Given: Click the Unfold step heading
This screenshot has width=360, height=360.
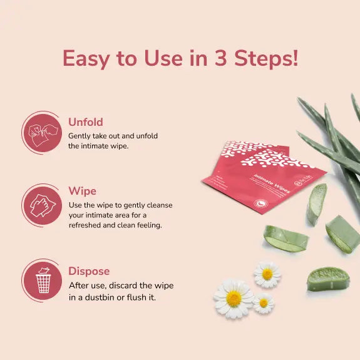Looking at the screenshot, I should (86, 122).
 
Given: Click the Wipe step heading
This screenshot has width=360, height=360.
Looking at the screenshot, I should (82, 191).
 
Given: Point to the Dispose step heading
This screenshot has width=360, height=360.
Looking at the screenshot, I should (89, 271).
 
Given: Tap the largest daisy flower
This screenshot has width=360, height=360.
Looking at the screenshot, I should (234, 298).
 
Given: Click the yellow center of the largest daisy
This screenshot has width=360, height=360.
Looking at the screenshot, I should (234, 299).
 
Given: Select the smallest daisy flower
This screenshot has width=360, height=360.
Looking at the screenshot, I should (264, 302).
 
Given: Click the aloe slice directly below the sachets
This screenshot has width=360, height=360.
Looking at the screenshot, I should (286, 239).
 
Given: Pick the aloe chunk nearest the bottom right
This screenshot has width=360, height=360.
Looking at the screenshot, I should (327, 279).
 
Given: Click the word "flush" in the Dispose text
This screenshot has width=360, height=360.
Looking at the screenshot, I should (134, 297).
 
